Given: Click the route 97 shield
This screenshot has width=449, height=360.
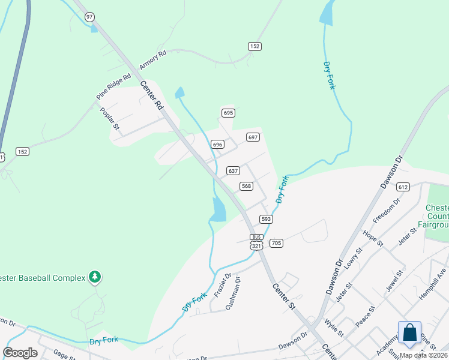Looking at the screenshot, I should point(89,16).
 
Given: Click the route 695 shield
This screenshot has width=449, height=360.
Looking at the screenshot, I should point(228,113).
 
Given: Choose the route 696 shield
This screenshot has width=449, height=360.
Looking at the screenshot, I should point(217,144).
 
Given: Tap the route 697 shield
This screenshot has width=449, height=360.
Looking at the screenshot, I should point(253,137).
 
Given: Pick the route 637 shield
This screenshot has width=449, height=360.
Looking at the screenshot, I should point(234,171).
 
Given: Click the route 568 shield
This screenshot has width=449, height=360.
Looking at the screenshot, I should point(246,187).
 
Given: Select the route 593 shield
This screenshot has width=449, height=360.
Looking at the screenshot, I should point(267,219).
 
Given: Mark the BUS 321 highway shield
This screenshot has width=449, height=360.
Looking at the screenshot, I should point(256,242).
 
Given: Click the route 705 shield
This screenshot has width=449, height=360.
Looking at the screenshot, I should point(276,243).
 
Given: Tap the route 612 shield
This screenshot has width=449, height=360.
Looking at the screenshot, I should point(403,187).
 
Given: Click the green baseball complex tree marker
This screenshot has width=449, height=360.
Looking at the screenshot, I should point(94,277).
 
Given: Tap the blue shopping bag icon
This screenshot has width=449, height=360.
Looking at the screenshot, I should point(409,332).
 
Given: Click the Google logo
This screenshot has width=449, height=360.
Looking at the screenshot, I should point(20,352).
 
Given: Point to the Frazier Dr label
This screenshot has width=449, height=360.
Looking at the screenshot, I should point(221,286).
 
